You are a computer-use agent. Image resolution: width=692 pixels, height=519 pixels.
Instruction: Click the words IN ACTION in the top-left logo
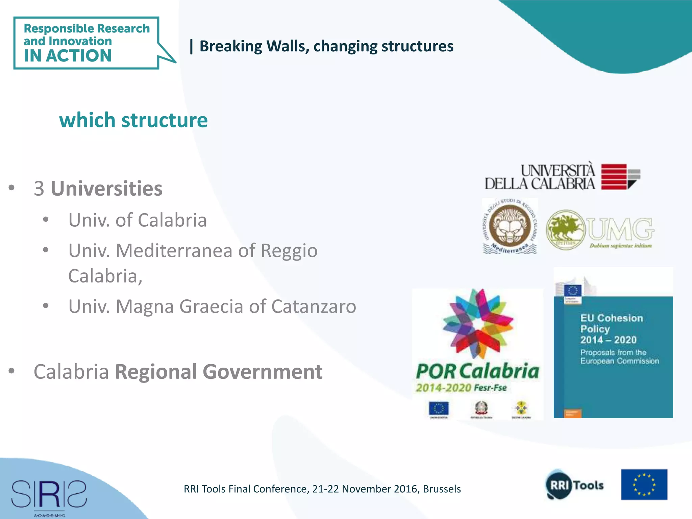[x=68, y=56]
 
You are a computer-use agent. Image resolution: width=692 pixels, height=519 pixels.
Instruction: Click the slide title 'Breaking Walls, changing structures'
[x=326, y=46]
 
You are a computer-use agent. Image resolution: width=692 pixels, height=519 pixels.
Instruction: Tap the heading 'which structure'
[x=133, y=120]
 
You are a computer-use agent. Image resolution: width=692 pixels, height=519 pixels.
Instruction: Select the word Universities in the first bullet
[x=106, y=188]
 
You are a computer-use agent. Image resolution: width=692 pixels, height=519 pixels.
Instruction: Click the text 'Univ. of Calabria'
[x=138, y=220]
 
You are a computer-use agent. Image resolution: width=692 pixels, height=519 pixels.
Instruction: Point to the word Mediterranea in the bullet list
[x=174, y=250]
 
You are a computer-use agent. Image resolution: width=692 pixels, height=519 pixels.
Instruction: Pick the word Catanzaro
[x=314, y=306]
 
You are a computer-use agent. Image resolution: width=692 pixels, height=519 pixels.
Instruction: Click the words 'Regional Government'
[x=219, y=372]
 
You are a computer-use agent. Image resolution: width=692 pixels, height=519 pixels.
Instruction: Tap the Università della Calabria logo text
[x=540, y=177]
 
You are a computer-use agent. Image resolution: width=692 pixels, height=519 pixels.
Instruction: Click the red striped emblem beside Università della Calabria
[x=615, y=177]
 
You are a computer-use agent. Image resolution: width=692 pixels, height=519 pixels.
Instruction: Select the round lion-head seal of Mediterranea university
[x=510, y=226]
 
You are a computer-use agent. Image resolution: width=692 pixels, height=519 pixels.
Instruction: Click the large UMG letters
[x=620, y=229]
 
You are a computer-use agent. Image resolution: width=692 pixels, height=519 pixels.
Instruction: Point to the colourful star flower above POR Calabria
[x=477, y=323]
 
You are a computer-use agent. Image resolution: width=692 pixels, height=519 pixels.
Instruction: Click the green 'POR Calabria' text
[x=477, y=371]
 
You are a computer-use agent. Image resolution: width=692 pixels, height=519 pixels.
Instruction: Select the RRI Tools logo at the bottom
[x=575, y=485]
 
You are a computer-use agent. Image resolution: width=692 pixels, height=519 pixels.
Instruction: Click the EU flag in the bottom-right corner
[x=644, y=485]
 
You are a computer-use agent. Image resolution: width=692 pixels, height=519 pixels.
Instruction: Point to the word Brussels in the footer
[x=442, y=489]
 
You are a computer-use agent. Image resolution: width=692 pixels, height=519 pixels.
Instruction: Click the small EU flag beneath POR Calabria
[x=439, y=408]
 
